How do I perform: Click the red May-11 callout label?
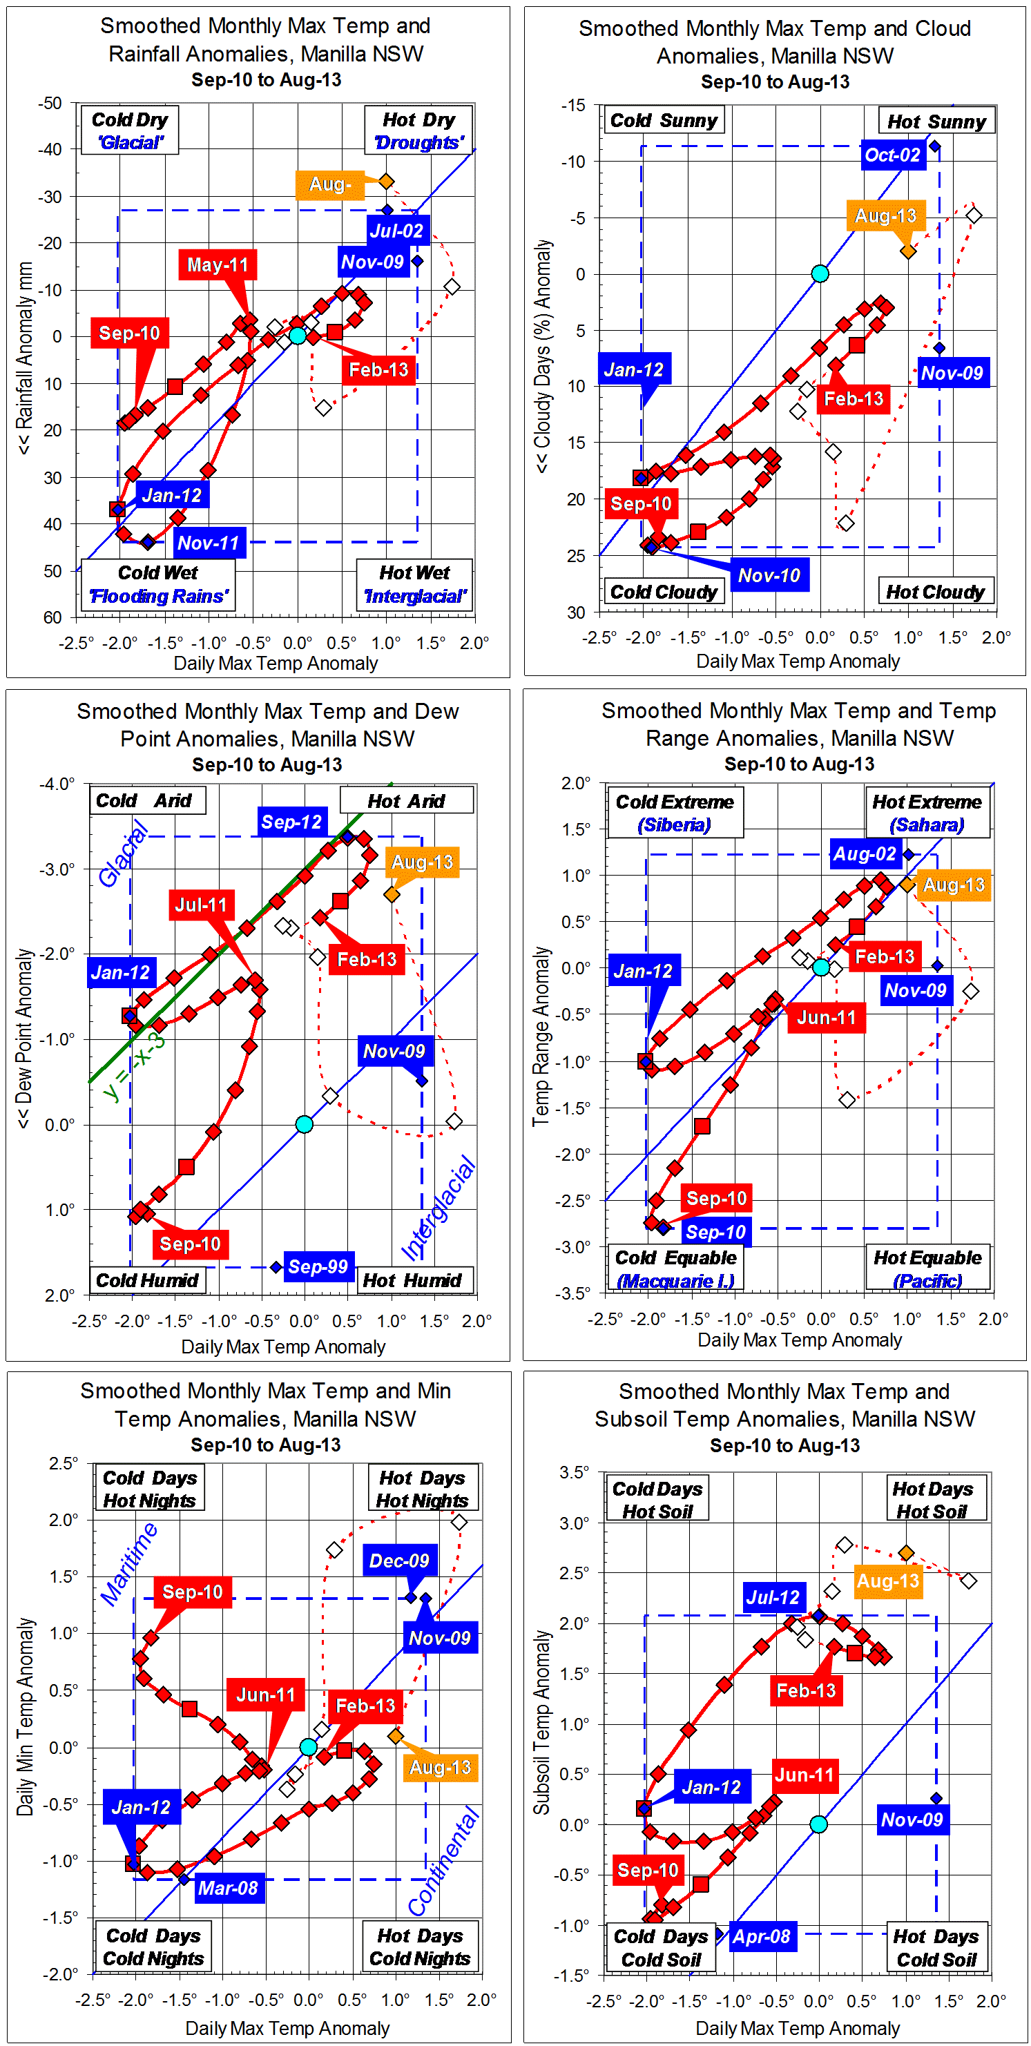click(217, 264)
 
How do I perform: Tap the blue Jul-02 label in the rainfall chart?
click(396, 231)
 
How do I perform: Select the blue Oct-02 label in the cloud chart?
click(892, 155)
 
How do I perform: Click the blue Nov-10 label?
click(768, 576)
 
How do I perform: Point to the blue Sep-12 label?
click(291, 822)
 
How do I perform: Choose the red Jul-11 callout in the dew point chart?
click(200, 905)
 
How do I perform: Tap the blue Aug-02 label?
click(863, 855)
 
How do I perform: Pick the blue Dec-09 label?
click(398, 1561)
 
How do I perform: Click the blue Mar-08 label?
click(227, 1888)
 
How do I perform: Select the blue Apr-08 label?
click(761, 1936)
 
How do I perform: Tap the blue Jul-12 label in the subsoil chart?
click(772, 1597)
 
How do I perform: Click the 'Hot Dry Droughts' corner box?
click(418, 131)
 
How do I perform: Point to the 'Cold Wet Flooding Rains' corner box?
click(158, 585)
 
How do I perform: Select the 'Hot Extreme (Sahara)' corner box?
click(926, 813)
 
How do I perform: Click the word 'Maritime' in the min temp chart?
click(128, 1564)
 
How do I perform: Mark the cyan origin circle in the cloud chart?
click(820, 274)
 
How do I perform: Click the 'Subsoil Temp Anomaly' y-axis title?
click(541, 1723)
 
